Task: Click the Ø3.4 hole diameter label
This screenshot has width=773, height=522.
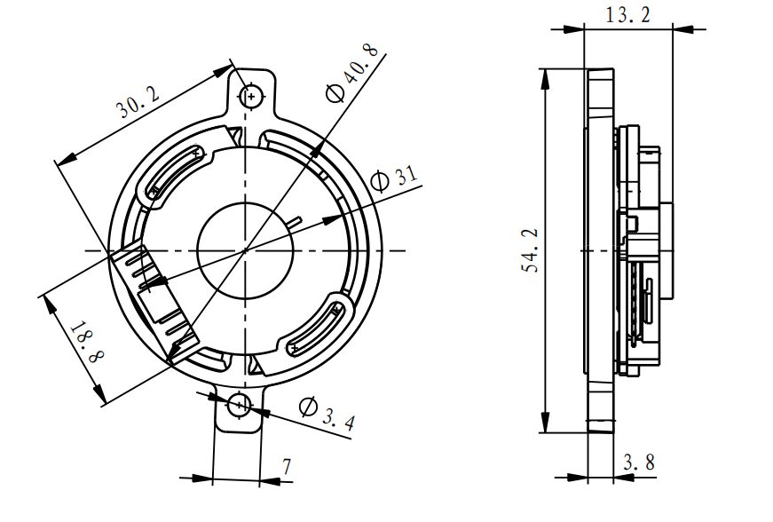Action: point(327,414)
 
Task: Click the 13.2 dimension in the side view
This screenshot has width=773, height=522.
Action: point(627,15)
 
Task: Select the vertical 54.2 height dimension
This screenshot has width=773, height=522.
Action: point(531,250)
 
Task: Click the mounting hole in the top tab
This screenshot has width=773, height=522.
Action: point(252,95)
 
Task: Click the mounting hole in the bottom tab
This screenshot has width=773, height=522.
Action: point(238,406)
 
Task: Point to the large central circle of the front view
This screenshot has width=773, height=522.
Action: point(243,249)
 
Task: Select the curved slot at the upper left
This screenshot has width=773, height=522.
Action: point(177,170)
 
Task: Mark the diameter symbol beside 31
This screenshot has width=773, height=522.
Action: point(379,181)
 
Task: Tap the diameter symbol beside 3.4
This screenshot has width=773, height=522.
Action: point(307,407)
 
